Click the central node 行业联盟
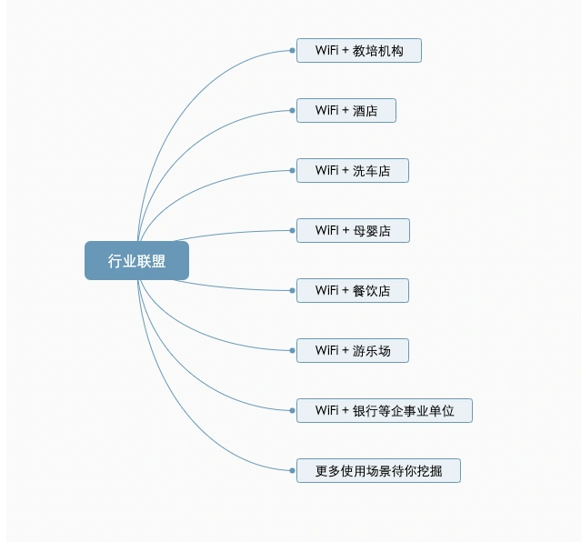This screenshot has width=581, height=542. coord(136,261)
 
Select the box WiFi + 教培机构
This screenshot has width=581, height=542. coord(358,50)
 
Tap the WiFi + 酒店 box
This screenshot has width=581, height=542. coord(346,110)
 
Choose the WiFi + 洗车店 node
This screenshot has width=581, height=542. coord(353,171)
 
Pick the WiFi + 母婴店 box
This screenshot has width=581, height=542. coord(353,231)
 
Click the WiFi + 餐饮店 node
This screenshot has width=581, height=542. coord(353,291)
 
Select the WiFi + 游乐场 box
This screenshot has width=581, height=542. coord(353,351)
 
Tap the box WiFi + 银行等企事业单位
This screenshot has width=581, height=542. coord(385,411)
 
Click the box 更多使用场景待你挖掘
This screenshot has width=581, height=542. coord(378,471)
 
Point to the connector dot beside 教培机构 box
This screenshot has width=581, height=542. coord(293,50)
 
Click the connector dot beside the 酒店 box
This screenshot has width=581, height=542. coord(293,110)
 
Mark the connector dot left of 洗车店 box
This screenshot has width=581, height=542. coord(293,171)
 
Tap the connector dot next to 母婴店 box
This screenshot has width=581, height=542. coord(293,231)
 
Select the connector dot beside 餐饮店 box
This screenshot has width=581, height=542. coord(293,291)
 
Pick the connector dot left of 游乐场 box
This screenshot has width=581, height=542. coord(293,351)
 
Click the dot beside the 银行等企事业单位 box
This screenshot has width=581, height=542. coord(293,411)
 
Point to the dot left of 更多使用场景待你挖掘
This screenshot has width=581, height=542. coord(293,471)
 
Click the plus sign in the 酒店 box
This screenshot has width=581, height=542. coord(346,110)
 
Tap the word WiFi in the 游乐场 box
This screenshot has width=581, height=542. coord(326,350)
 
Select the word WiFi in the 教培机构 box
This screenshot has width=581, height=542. coord(326,50)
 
